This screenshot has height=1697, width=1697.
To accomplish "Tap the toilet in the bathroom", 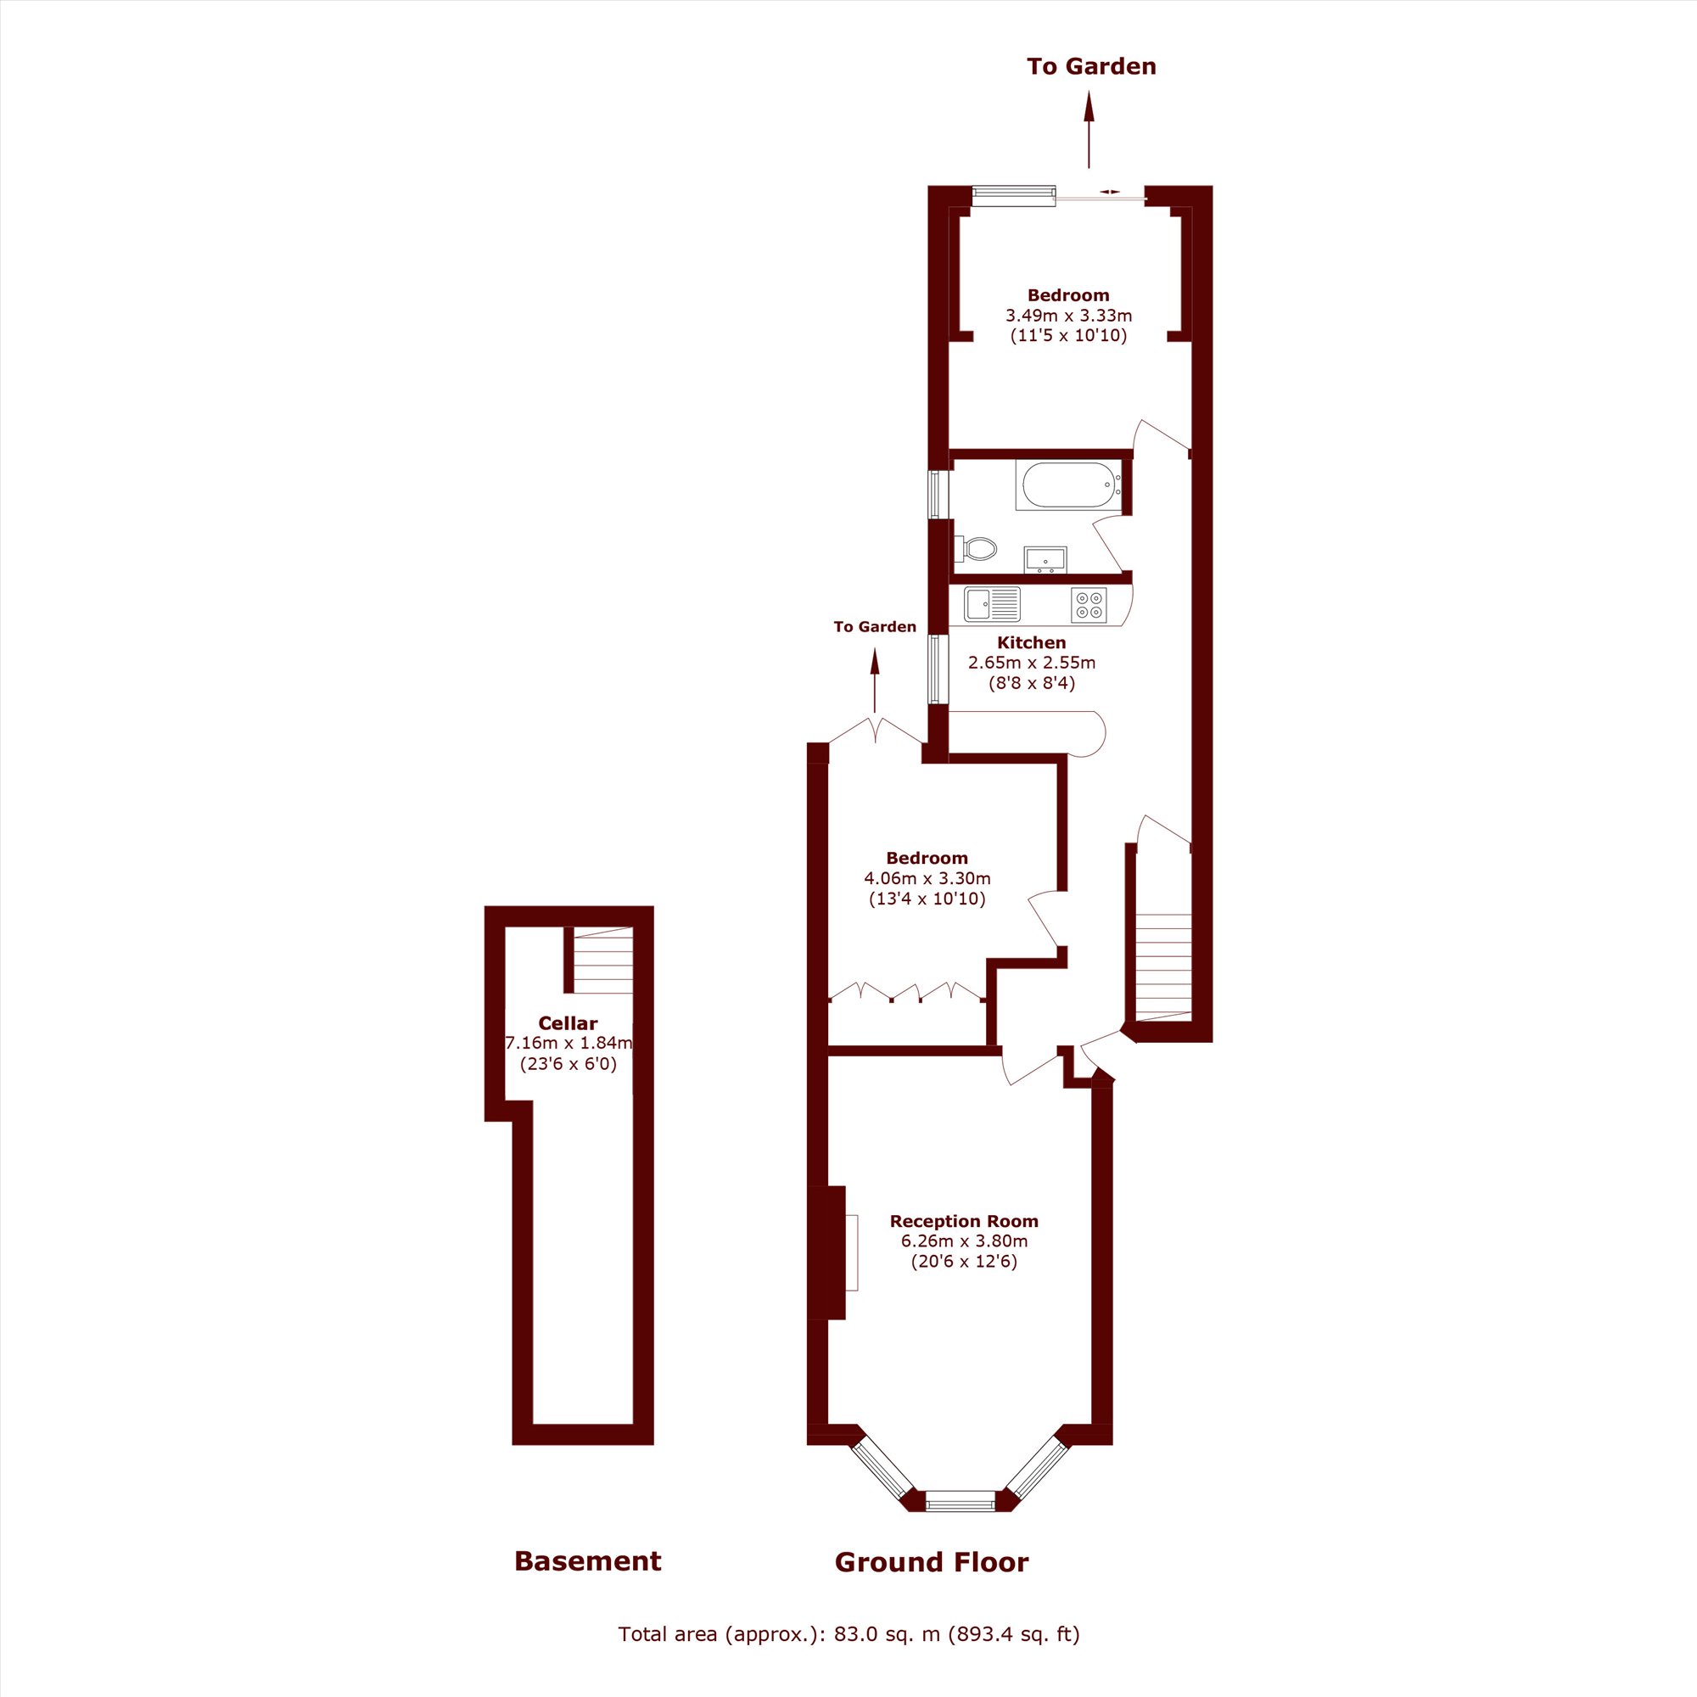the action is (976, 549).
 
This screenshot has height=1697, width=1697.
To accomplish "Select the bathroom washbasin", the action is (1045, 558).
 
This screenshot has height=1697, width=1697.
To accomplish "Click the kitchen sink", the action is (992, 604).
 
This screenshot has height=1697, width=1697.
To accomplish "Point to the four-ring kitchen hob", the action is (1089, 605).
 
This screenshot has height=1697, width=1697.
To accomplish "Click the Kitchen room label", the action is (1031, 643).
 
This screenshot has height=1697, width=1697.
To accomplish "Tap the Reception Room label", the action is (964, 1221).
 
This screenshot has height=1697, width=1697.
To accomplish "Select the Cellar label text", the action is (568, 1023).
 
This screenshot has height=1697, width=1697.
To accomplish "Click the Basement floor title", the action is (588, 1561).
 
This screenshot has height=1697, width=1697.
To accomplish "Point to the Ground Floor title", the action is (931, 1562).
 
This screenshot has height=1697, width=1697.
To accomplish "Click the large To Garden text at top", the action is (1091, 67).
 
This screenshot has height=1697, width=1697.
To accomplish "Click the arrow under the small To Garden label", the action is (875, 680).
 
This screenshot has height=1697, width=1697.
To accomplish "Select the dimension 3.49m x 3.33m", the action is (1068, 316).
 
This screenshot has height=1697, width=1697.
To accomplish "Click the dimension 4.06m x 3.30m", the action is (927, 878).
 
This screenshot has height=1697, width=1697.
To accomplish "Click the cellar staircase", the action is (602, 960).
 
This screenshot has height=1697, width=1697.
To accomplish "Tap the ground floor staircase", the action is (1163, 967).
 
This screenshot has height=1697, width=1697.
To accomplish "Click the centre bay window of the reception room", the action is (960, 1500).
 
